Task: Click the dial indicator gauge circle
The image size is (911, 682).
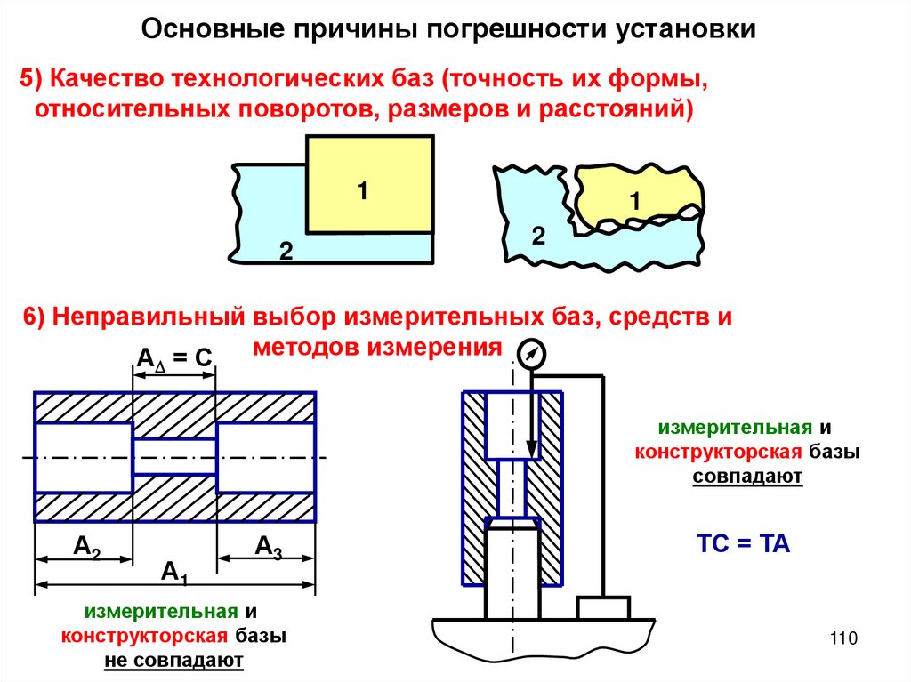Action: [x=529, y=355]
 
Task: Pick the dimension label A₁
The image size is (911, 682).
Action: [x=174, y=573]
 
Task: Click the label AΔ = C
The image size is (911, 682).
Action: [x=173, y=357]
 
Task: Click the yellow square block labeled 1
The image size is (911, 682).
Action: [x=369, y=185]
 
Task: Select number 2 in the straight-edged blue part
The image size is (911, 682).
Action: [x=286, y=251]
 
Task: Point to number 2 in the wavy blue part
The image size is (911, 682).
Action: [x=537, y=236]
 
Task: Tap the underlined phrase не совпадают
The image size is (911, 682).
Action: [x=173, y=661]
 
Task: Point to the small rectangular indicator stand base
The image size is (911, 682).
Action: [x=603, y=608]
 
